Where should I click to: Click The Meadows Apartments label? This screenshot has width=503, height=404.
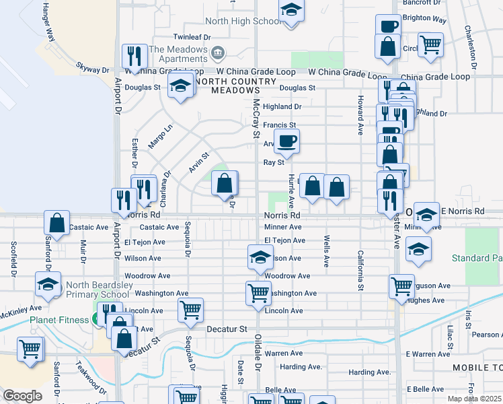(x=178, y=54)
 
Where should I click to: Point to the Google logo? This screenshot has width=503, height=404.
(x=22, y=396)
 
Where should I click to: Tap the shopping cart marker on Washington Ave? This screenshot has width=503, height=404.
(x=259, y=293)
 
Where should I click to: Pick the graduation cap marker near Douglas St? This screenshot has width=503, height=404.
(x=180, y=86)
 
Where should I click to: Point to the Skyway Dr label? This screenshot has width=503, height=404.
(x=93, y=69)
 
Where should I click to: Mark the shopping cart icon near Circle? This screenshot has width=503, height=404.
(x=430, y=44)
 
